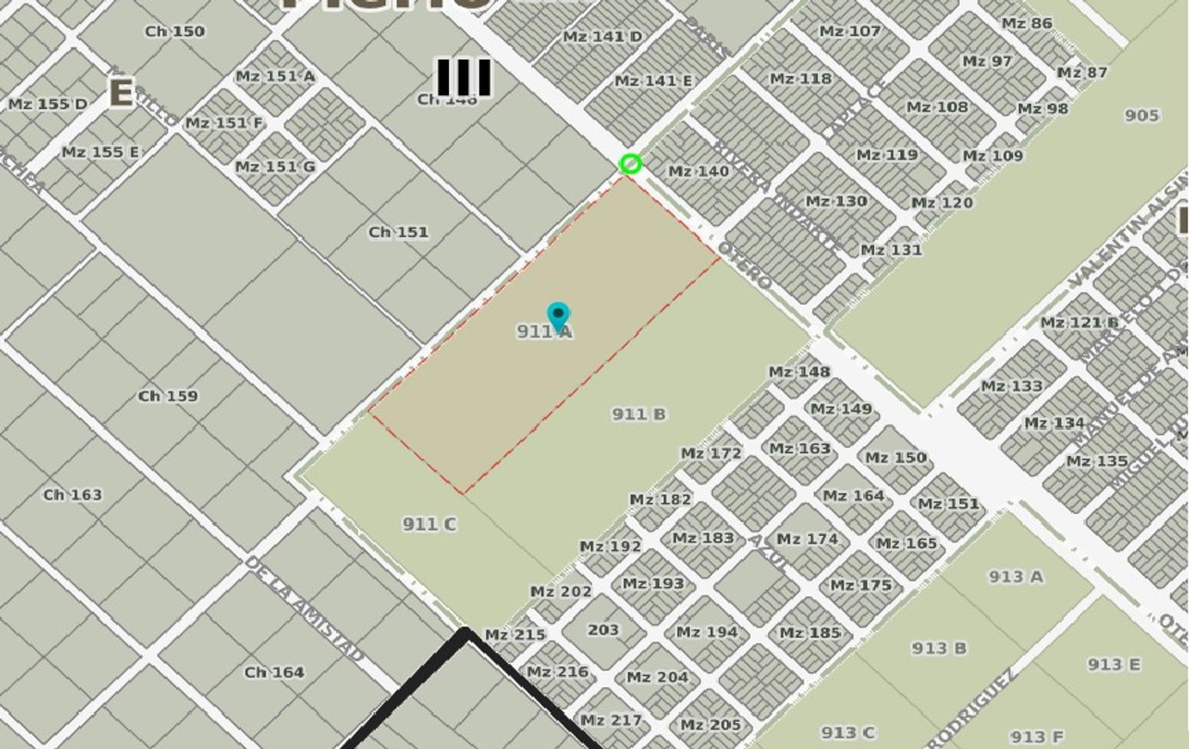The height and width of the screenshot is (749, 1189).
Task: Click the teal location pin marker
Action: [x=558, y=316]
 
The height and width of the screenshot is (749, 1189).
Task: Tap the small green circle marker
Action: [x=630, y=164]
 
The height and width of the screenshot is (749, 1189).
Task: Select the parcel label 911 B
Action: [x=639, y=414]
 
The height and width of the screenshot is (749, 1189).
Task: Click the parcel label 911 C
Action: [x=429, y=524]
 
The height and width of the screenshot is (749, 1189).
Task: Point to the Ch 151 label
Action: [x=398, y=232]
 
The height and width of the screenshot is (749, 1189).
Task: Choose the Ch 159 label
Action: [x=168, y=396]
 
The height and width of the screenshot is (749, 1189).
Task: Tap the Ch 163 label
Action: [x=72, y=494]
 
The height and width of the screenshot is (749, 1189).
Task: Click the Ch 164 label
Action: [x=274, y=672]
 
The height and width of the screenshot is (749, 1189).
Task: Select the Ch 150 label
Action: [x=175, y=31]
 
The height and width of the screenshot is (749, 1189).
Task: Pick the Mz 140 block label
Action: [x=698, y=171]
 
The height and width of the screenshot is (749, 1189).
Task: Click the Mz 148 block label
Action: [x=799, y=372]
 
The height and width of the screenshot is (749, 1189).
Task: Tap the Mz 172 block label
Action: [x=711, y=454]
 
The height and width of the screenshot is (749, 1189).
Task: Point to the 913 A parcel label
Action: [x=1016, y=576]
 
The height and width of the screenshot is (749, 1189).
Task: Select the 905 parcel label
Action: [x=1141, y=114]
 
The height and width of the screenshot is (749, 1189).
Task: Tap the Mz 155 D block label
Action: [x=48, y=104]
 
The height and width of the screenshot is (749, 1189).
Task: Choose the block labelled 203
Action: [x=603, y=630]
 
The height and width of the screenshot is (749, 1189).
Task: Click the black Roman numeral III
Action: [x=464, y=76]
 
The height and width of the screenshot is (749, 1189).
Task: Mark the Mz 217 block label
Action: [x=610, y=721]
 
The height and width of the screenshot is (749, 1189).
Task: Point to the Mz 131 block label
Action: [x=891, y=250]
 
